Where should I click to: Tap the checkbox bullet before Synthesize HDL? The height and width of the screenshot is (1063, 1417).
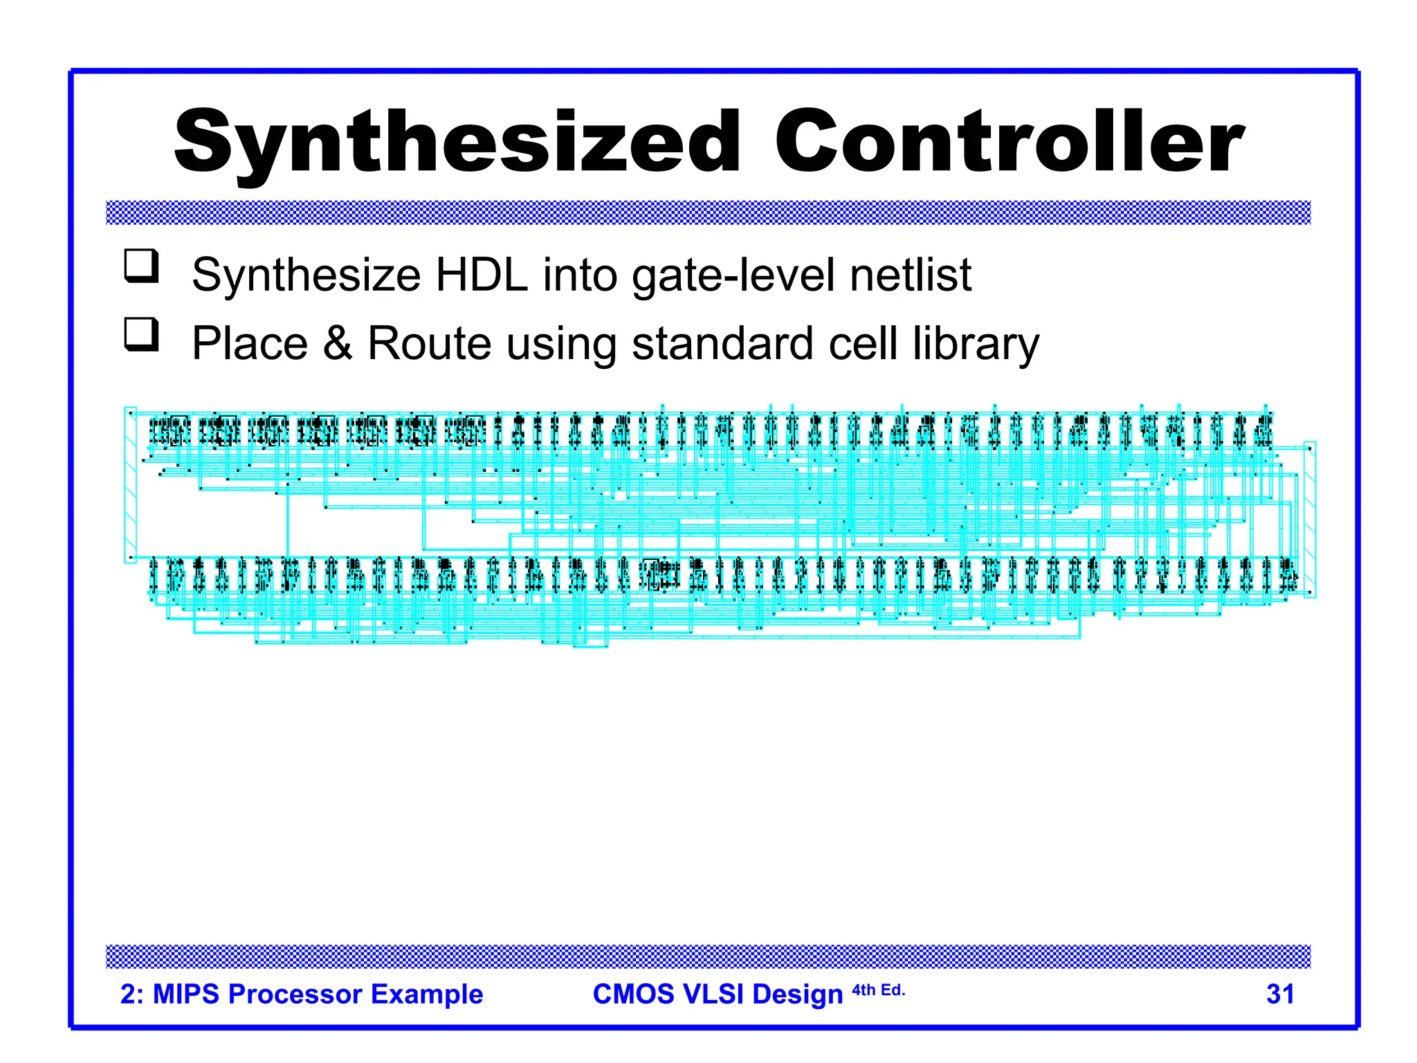141,266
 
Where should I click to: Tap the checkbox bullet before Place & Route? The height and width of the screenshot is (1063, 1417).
141,335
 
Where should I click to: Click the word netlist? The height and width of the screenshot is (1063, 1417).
911,275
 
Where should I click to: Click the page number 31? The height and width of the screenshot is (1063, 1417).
1280,994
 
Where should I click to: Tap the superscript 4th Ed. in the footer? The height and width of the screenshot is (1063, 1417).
878,990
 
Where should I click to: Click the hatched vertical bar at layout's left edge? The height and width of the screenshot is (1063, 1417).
130,484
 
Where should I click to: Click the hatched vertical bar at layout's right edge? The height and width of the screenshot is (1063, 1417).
1309,519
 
